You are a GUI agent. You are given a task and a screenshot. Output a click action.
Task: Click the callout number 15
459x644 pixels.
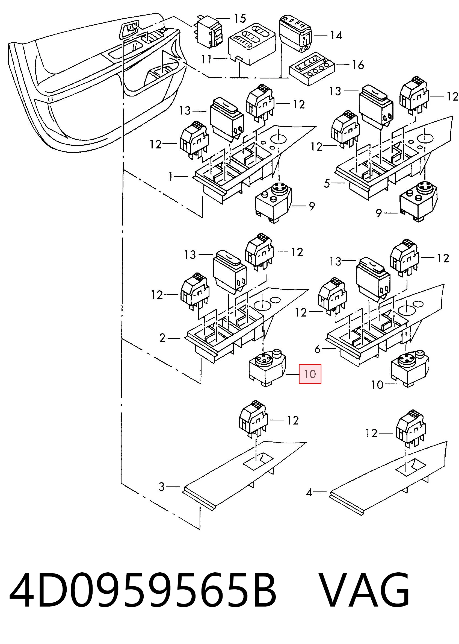(x=240, y=19)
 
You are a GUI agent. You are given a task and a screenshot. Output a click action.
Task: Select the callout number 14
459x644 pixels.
(x=336, y=35)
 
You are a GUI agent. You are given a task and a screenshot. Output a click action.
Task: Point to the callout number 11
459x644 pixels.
(x=206, y=59)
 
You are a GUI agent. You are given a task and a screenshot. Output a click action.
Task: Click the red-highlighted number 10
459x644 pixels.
(x=310, y=374)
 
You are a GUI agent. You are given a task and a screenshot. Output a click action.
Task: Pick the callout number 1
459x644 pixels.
(x=170, y=177)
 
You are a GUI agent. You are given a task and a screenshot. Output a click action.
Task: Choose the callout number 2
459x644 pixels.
(x=162, y=338)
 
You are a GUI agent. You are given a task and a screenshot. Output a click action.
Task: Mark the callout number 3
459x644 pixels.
(x=161, y=486)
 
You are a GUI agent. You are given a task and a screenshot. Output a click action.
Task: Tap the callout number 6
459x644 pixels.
(x=318, y=349)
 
